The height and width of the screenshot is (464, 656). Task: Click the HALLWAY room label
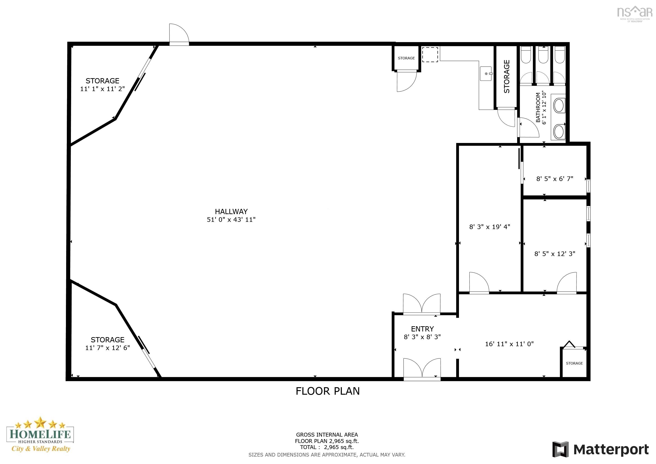[231, 211]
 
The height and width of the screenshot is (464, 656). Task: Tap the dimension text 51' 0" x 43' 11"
[231, 220]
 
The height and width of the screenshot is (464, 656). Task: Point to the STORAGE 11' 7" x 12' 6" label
[107, 344]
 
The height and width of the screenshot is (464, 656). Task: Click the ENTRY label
[422, 329]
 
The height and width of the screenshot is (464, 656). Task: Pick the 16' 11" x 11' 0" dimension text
[509, 344]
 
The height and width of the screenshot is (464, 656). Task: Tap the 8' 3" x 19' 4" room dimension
[490, 227]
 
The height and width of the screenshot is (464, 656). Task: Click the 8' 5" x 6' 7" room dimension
[555, 179]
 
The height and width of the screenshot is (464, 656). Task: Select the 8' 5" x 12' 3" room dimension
[555, 254]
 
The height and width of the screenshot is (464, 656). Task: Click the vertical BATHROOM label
[538, 107]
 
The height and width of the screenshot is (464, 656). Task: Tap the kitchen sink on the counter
[486, 74]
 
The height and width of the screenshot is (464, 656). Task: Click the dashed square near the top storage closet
[430, 55]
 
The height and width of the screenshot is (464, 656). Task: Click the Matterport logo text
[611, 450]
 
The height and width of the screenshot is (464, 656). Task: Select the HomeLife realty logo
[40, 435]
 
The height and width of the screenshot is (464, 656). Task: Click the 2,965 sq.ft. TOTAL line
[327, 447]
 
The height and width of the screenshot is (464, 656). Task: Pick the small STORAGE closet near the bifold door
[574, 363]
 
